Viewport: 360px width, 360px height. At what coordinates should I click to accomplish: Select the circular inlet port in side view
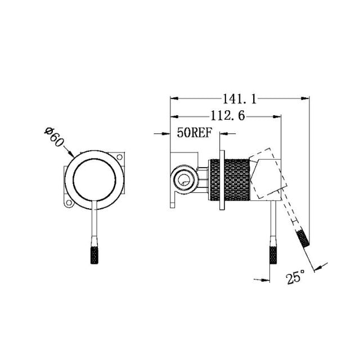[183, 180]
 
